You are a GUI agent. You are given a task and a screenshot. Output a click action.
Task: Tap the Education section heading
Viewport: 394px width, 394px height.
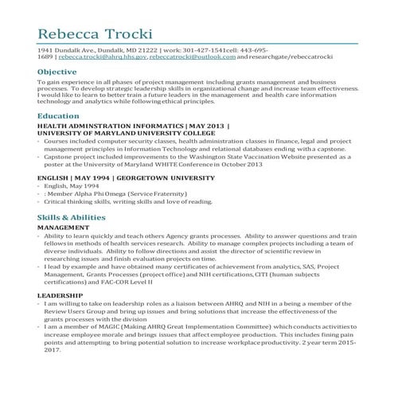(58, 116)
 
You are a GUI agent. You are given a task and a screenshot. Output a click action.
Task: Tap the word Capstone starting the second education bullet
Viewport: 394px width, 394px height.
(59, 157)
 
